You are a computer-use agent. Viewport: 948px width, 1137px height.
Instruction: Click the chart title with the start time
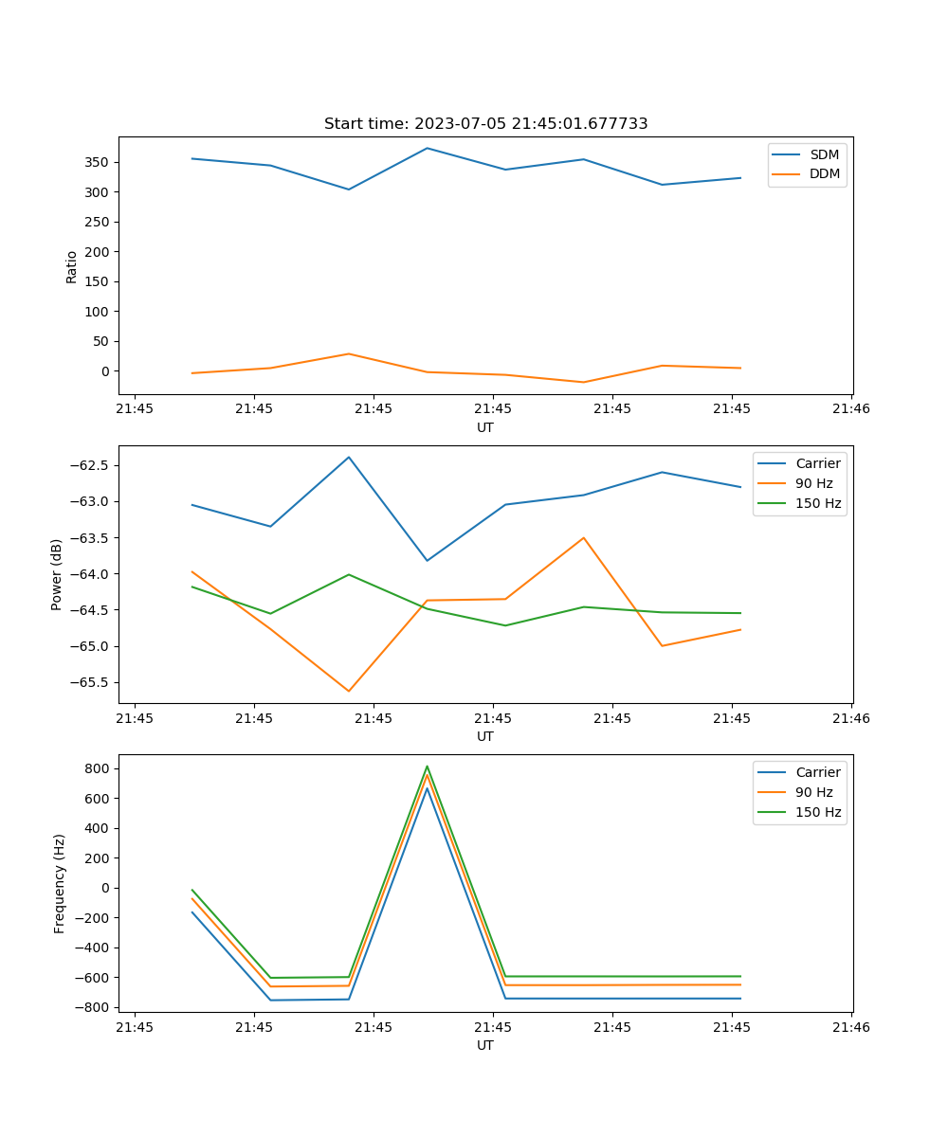[485, 124]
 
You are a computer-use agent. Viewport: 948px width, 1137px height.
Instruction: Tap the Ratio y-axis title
[72, 266]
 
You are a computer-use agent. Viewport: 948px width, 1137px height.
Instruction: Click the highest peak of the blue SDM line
[427, 148]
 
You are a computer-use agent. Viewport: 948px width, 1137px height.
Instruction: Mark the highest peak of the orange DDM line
[348, 353]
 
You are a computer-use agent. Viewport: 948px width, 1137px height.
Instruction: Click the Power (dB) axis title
[57, 574]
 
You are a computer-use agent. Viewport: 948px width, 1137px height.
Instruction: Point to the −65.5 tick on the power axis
[88, 682]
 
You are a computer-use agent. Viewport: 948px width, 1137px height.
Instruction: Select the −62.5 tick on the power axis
[88, 465]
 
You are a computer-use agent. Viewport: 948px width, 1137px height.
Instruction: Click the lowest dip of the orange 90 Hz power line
[348, 691]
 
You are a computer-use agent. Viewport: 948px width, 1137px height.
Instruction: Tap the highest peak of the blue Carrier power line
[348, 457]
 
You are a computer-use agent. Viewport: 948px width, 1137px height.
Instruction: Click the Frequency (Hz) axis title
[60, 883]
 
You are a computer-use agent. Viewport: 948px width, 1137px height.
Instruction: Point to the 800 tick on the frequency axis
[98, 768]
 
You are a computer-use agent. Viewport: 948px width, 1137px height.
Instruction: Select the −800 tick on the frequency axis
[94, 1007]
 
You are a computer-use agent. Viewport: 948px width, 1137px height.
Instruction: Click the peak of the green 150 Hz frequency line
[427, 766]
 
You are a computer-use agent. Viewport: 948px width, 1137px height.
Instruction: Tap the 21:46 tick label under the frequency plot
[850, 1027]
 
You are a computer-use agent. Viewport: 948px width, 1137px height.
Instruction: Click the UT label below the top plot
[485, 427]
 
